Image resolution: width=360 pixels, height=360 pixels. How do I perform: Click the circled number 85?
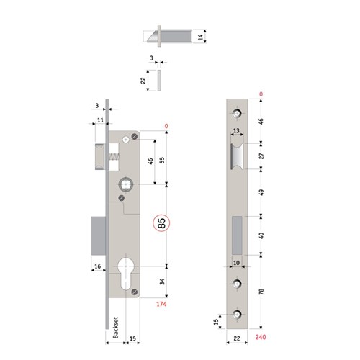(x=161, y=223)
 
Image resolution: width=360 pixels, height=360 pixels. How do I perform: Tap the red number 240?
(x=260, y=336)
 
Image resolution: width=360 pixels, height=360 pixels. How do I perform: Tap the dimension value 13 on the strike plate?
(x=235, y=130)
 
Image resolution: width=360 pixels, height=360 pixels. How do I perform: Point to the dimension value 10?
(x=235, y=264)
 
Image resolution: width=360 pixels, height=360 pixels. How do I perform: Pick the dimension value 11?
(x=100, y=119)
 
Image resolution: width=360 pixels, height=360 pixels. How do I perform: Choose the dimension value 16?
(x=96, y=267)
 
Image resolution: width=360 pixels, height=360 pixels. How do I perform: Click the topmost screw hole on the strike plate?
(x=236, y=113)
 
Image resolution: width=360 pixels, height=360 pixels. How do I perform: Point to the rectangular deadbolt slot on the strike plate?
(x=236, y=235)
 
